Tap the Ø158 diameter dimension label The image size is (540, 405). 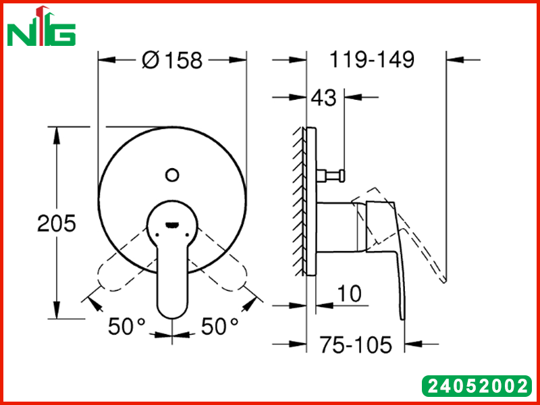pos(172,60)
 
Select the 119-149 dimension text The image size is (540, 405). pos(372,59)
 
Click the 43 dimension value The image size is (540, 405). pos(323,98)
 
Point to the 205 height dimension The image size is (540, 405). pos(56,223)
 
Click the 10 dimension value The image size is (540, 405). pos(349,294)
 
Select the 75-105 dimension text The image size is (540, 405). pos(356,344)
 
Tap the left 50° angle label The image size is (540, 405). pos(127,327)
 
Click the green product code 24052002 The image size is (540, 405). pos(477,385)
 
